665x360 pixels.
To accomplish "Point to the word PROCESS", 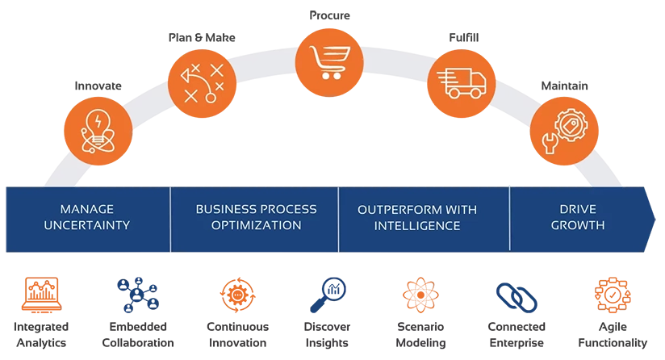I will (288, 210).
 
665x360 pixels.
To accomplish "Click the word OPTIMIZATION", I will (256, 225).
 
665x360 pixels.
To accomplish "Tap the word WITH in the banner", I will (461, 210).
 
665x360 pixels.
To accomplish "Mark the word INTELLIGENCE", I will (416, 225).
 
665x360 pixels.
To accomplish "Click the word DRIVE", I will (577, 210).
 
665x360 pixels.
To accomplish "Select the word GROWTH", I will (577, 225).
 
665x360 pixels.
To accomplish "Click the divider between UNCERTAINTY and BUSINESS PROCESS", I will (170, 218).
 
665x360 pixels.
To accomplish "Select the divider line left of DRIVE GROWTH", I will (509, 218).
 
